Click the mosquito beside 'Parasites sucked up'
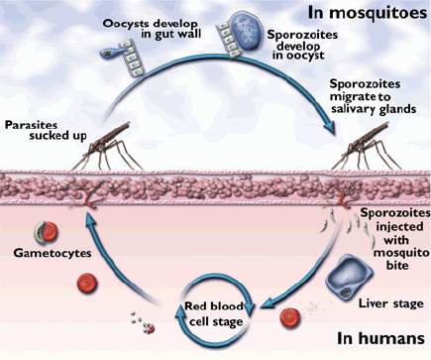105,144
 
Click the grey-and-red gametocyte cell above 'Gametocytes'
39,233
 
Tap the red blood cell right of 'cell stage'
288,317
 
